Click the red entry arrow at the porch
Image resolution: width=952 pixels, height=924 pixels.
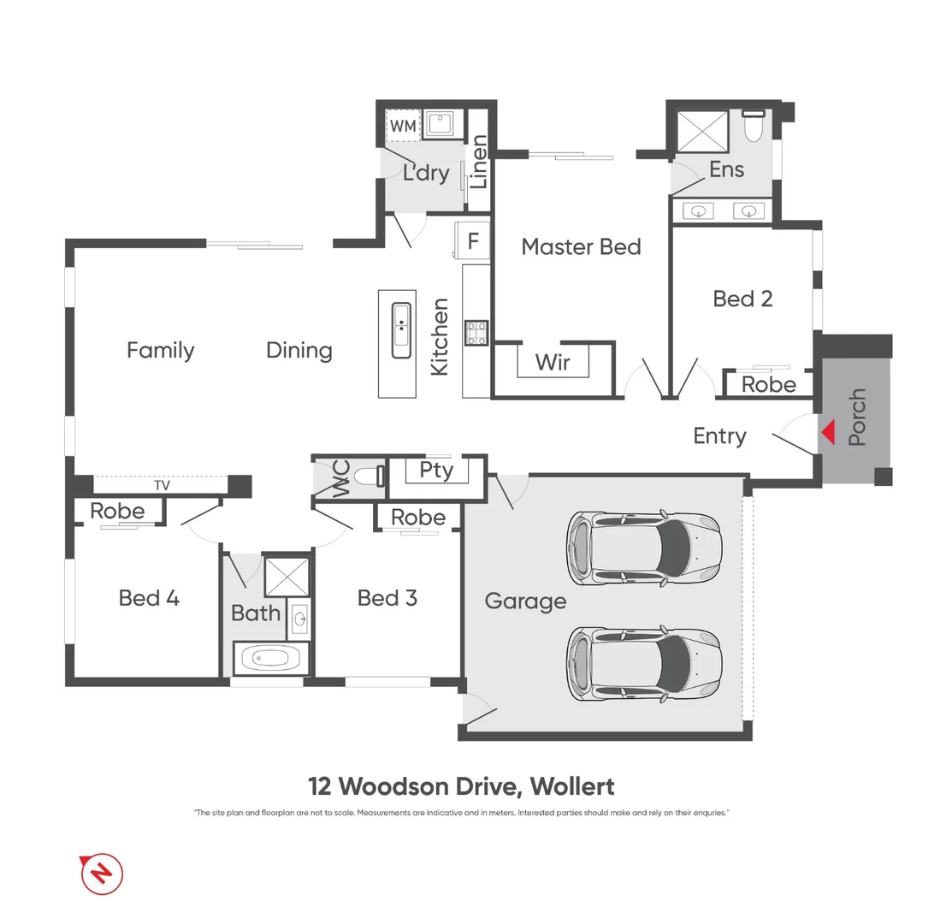click(827, 433)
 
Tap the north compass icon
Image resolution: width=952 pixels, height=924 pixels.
click(102, 874)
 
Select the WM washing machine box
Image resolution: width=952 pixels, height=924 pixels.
click(403, 127)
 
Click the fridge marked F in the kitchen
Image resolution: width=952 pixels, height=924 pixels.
click(473, 240)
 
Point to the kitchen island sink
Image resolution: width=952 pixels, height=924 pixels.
click(401, 329)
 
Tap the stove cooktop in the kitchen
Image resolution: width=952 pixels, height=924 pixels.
click(476, 333)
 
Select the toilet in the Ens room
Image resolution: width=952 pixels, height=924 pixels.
click(754, 127)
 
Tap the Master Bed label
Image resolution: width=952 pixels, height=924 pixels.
click(581, 247)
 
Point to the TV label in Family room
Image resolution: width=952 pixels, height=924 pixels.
click(162, 485)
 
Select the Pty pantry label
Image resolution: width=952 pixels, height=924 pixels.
click(436, 471)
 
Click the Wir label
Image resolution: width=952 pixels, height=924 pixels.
click(553, 362)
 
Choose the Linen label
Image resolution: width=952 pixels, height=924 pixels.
click(479, 162)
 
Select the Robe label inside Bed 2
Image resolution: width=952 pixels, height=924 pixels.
click(768, 385)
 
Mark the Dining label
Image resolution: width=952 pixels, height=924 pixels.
click(299, 350)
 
